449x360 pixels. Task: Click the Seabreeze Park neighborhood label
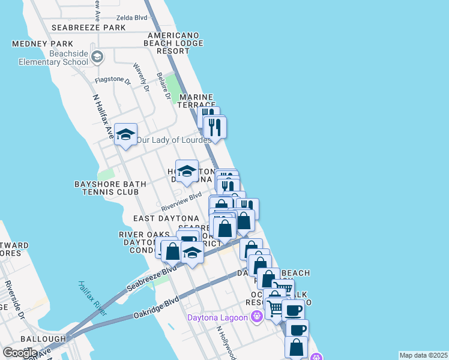(x=88, y=28)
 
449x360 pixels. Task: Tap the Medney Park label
(x=43, y=44)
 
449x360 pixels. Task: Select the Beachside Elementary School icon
(x=98, y=57)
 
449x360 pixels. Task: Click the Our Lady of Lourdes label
(x=173, y=140)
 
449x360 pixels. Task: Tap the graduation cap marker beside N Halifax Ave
(x=125, y=135)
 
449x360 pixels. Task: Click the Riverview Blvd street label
(x=181, y=202)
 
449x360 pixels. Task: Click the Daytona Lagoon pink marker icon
(x=258, y=316)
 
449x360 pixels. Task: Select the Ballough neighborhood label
(x=43, y=339)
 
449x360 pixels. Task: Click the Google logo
(x=20, y=352)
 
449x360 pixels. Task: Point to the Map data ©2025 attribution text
(x=423, y=355)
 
